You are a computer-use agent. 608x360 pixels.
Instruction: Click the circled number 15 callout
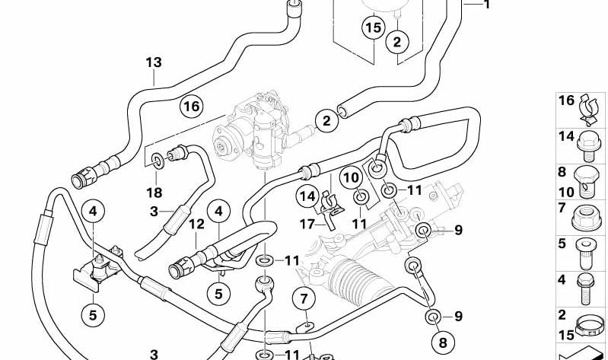click(x=374, y=28)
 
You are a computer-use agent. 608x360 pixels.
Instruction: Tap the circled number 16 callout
click(x=192, y=106)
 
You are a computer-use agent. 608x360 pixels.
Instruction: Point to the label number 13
click(x=154, y=62)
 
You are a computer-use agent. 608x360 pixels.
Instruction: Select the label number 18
click(x=154, y=193)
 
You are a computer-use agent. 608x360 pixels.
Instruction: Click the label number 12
click(x=196, y=224)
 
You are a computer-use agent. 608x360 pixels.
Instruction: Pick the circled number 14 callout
click(x=307, y=196)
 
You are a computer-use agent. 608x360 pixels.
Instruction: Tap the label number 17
click(x=307, y=225)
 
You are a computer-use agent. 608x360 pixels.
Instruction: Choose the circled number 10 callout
click(x=352, y=178)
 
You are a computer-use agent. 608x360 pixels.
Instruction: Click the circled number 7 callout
click(x=304, y=299)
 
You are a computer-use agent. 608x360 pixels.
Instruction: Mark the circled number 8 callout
click(x=443, y=342)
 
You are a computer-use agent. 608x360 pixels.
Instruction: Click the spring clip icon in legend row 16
click(x=590, y=110)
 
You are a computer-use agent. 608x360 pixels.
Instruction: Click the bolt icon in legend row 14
click(x=589, y=146)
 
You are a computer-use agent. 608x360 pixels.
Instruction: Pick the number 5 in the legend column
click(x=562, y=244)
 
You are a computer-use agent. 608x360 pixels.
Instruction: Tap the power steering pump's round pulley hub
click(x=221, y=147)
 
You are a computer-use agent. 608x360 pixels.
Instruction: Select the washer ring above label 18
click(x=158, y=161)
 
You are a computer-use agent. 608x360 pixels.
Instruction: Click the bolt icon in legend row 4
click(x=585, y=289)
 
